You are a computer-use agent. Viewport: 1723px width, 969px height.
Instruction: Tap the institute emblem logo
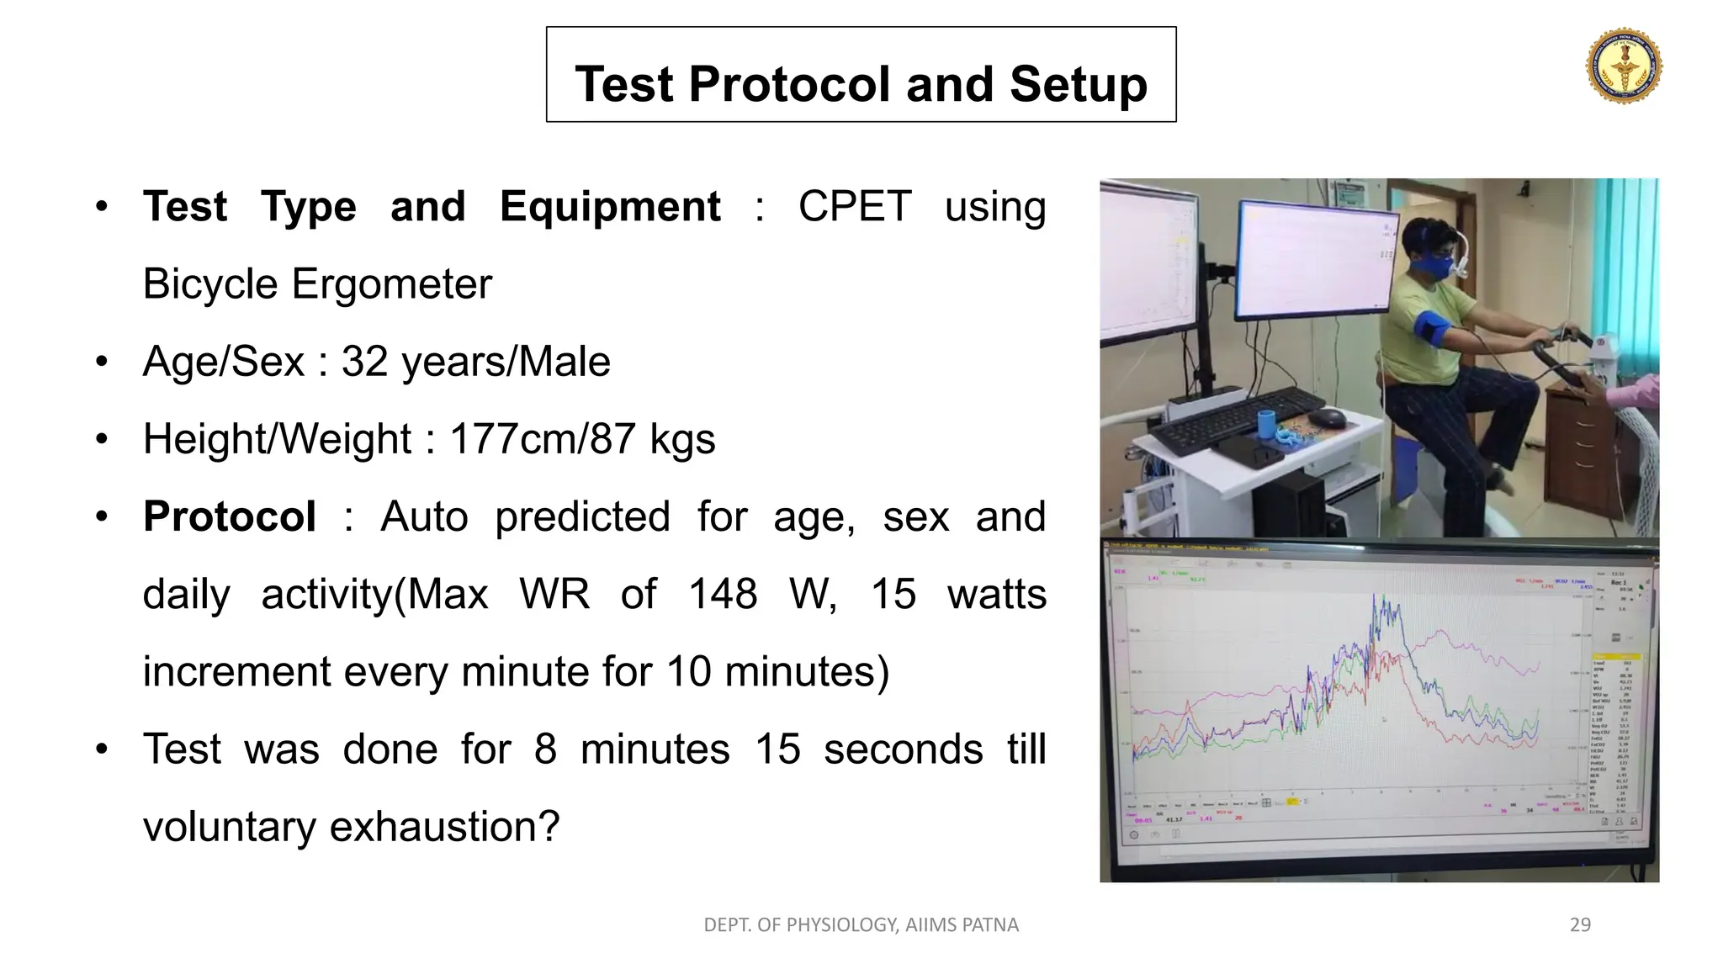[x=1624, y=66]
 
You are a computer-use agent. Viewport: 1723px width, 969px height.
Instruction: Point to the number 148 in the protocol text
[x=723, y=595]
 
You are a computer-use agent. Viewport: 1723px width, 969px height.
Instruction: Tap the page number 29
[x=1580, y=925]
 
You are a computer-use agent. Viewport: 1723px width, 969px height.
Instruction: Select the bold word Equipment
[x=610, y=207]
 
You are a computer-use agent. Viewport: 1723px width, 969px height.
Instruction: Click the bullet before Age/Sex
[x=102, y=363]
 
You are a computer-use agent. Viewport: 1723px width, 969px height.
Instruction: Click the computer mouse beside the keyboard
[x=1328, y=417]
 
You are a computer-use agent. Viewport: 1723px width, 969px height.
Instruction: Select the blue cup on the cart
[x=1266, y=422]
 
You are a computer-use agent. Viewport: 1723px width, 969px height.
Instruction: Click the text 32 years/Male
[x=475, y=363]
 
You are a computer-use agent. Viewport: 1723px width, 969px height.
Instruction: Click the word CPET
[x=854, y=207]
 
